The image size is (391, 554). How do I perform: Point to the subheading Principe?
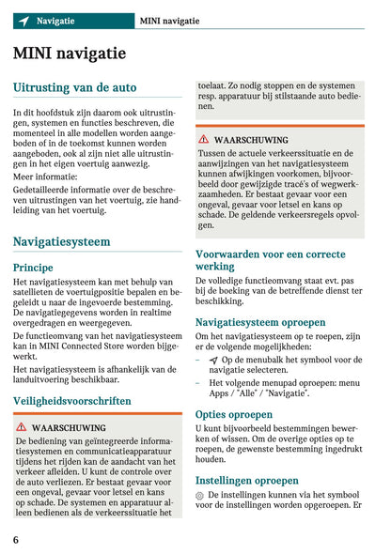pos(33,267)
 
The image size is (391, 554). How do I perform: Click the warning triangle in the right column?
pos(203,138)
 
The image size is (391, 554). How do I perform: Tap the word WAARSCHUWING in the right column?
pos(251,139)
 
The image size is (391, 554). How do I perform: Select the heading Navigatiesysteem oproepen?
pos(260,321)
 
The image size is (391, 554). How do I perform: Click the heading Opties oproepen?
pos(234,414)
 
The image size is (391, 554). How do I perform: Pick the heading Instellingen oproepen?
pos(247,480)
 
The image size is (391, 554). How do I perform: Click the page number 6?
pos(17,540)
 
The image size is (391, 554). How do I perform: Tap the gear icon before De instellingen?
pos(200,494)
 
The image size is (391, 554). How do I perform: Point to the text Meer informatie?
pos(46,175)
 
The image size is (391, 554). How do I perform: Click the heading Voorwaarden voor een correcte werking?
pos(270,260)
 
